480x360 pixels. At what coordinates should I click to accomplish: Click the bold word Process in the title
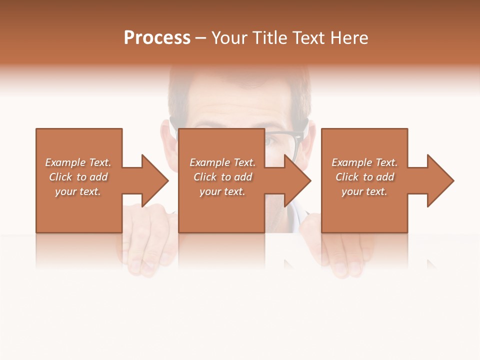click(157, 38)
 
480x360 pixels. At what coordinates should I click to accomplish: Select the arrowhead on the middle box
click(297, 180)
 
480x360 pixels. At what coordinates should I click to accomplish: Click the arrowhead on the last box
click(439, 180)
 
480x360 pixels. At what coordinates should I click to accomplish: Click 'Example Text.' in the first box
click(78, 162)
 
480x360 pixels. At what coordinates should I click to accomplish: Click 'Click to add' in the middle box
click(222, 177)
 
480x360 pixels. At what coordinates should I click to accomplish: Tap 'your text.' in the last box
click(364, 191)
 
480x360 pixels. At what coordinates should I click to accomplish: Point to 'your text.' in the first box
click(78, 191)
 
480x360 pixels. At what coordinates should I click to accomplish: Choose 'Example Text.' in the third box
click(364, 162)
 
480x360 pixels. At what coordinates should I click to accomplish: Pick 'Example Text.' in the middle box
click(222, 162)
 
